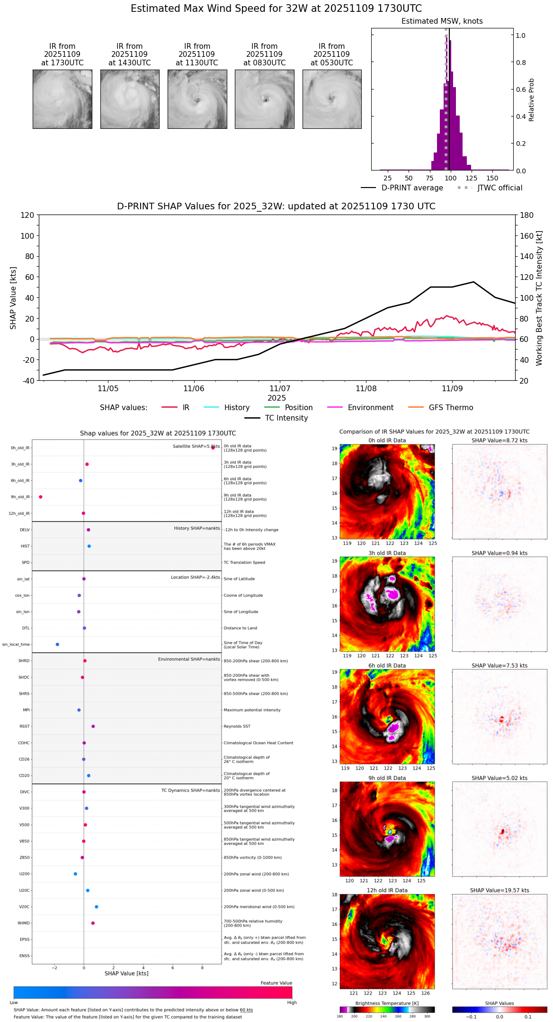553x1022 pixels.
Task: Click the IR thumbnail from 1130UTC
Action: [197, 99]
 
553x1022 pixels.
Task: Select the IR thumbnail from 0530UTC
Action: [332, 99]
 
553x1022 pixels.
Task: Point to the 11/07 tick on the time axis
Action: [280, 389]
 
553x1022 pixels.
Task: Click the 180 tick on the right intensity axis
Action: [526, 215]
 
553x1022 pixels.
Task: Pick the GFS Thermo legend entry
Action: [451, 408]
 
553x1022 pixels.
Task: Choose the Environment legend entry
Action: [370, 408]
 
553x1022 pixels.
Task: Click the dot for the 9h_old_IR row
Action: [41, 497]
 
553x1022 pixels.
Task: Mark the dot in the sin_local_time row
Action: [57, 644]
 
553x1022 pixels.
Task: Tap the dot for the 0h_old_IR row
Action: [213, 448]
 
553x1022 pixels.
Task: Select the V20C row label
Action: [24, 907]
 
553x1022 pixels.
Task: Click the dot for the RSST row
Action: [93, 726]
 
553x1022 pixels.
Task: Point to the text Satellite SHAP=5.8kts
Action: [196, 446]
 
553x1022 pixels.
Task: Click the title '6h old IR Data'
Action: [387, 665]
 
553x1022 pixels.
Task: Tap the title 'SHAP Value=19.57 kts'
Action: [499, 890]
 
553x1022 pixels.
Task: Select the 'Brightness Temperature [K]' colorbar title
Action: [387, 1003]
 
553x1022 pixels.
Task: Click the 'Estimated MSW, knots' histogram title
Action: [442, 21]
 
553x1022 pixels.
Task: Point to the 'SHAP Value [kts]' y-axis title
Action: [13, 298]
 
